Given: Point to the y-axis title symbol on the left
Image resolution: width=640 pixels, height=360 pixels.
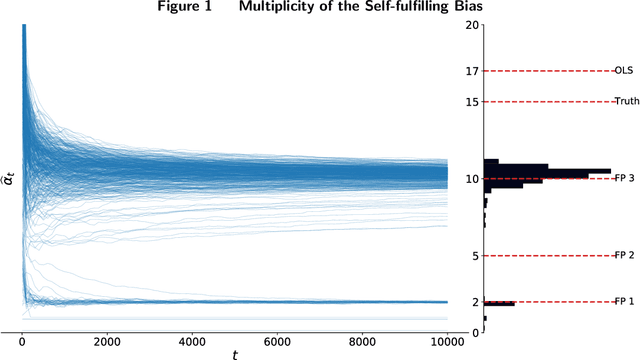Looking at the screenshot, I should pyautogui.click(x=8, y=180).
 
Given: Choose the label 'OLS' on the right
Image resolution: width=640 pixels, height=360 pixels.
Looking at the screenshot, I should pyautogui.click(x=624, y=71).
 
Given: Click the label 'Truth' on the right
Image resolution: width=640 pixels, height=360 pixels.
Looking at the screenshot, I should pyautogui.click(x=626, y=102).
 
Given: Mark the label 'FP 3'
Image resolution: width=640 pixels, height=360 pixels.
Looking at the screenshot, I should pyautogui.click(x=625, y=179).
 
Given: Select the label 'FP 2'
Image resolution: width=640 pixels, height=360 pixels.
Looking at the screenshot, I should pyautogui.click(x=625, y=256).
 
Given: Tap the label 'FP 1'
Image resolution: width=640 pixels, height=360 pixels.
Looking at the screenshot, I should pyautogui.click(x=625, y=302).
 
